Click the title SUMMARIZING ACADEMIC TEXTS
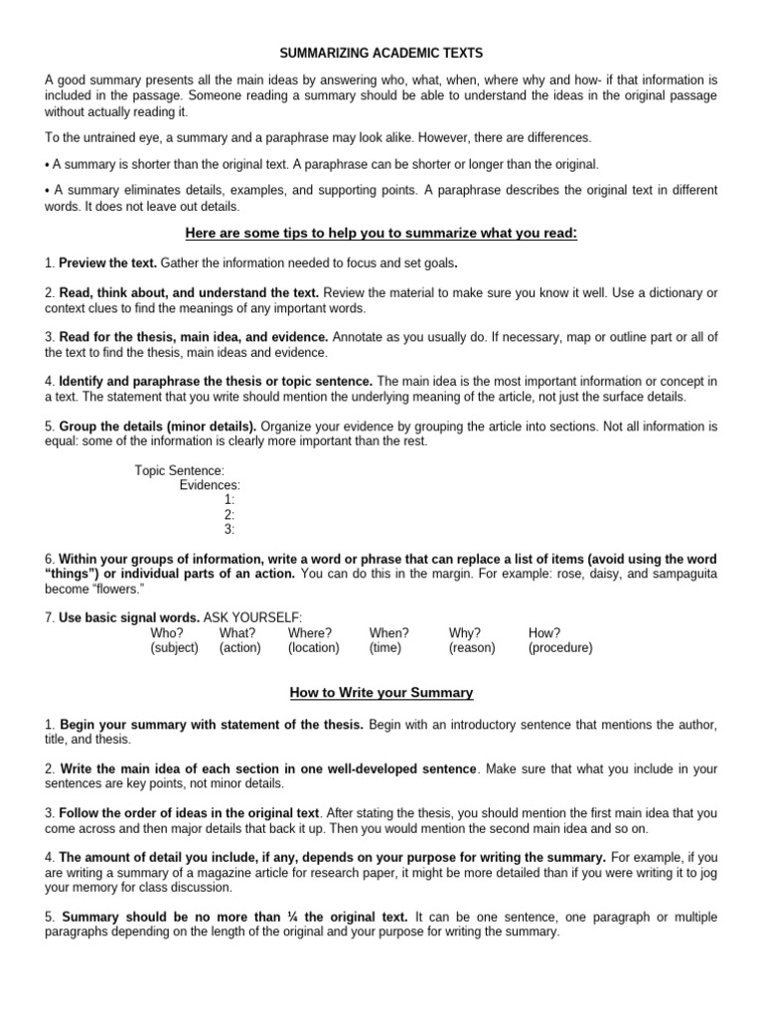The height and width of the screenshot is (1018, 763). (x=381, y=52)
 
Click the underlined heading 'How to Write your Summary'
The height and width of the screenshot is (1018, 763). (x=381, y=692)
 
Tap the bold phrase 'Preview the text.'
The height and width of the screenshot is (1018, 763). (x=107, y=263)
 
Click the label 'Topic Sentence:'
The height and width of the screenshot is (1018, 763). (x=180, y=470)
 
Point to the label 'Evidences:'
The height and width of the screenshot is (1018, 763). (x=210, y=485)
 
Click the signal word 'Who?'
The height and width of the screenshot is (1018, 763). (x=167, y=632)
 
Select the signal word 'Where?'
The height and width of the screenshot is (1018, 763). (x=310, y=632)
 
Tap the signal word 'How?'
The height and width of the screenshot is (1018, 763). (x=544, y=632)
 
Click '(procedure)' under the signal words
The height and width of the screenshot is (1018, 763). (x=560, y=647)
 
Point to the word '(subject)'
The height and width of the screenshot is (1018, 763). (x=175, y=647)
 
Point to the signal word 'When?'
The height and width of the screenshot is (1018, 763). (x=388, y=632)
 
